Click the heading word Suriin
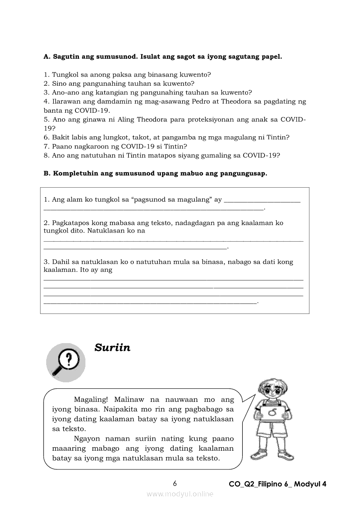click(112, 347)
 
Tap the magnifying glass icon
click(65, 362)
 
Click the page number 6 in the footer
click(175, 483)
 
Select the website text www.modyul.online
click(180, 494)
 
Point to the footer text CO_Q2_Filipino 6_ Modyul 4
click(278, 484)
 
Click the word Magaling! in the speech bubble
click(92, 399)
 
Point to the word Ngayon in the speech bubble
click(88, 438)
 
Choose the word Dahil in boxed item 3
click(61, 262)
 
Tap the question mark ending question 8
click(278, 155)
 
